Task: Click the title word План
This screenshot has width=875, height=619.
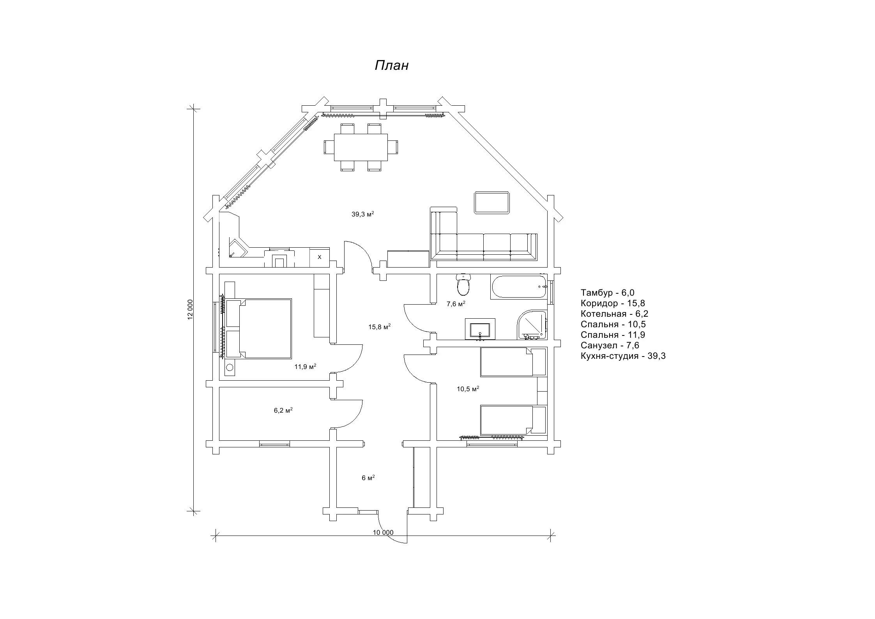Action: point(391,66)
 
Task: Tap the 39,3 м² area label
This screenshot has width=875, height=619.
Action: point(363,214)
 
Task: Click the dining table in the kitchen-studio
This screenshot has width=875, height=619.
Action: point(361,147)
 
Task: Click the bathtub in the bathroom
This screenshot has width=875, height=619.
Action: point(519,287)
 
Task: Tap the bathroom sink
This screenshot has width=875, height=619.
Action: point(480,329)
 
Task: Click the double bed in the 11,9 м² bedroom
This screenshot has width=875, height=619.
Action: point(258,328)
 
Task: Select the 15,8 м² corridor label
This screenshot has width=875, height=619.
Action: point(379,327)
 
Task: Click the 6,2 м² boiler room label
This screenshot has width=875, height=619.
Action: point(283,410)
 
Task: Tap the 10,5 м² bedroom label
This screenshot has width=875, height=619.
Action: point(468,389)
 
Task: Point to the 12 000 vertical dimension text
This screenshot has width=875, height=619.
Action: point(190,309)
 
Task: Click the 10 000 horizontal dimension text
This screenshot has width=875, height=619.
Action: point(383,532)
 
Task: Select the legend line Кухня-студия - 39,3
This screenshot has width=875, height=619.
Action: point(623,356)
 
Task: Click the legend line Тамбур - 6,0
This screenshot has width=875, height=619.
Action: point(607,293)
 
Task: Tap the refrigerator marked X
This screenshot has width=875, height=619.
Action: point(320,257)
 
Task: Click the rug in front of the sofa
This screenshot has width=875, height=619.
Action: point(492,202)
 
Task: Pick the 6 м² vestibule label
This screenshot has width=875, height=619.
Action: point(368,478)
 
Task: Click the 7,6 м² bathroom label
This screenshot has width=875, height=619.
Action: point(456,304)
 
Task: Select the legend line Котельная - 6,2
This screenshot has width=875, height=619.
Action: point(614,314)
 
